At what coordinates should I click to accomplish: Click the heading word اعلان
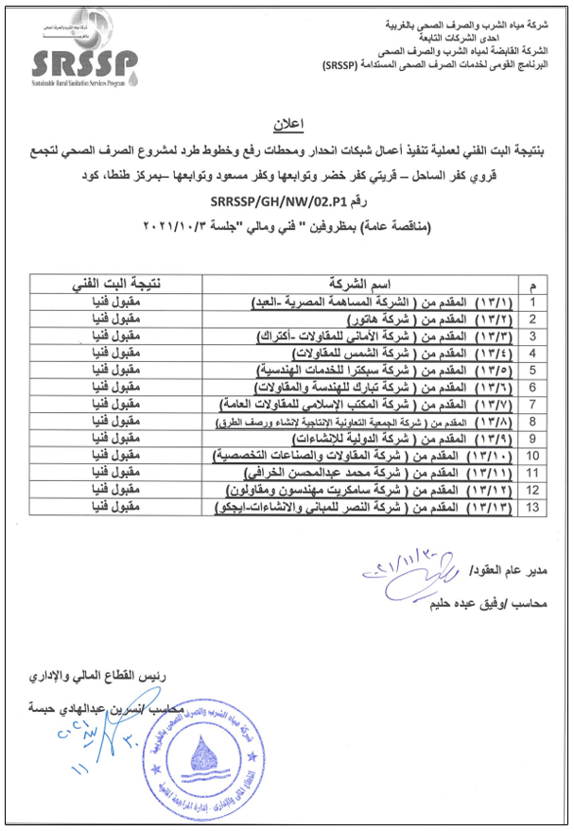tap(287, 123)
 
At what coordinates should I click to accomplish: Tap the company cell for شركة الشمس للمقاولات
tap(369, 353)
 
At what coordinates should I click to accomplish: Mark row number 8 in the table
tap(533, 421)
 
